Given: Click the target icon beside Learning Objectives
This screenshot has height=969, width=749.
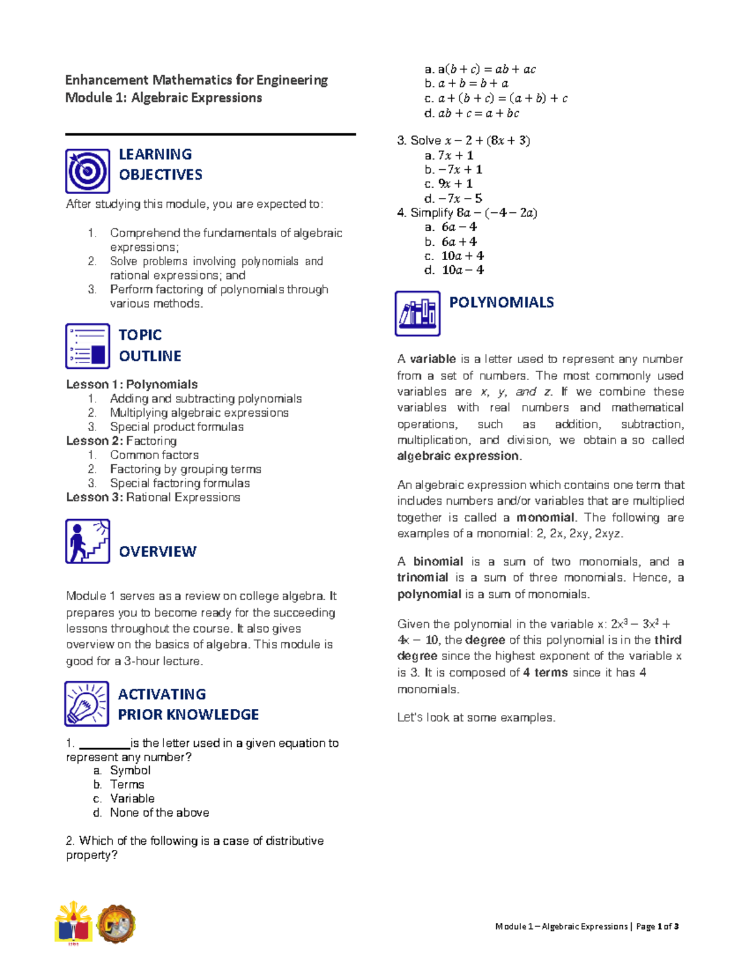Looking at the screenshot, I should click(x=87, y=171).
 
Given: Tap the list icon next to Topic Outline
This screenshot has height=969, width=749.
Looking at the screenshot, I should click(x=87, y=346).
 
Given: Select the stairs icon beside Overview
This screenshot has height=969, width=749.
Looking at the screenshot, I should click(x=87, y=541).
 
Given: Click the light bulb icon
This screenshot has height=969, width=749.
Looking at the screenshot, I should click(x=87, y=704).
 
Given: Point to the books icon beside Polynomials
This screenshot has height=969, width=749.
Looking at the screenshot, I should click(x=418, y=313).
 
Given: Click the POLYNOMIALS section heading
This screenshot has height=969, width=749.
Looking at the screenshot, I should click(x=501, y=303).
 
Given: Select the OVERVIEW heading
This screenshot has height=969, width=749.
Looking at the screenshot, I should click(x=157, y=552).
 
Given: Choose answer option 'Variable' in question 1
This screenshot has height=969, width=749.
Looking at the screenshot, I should click(x=132, y=799).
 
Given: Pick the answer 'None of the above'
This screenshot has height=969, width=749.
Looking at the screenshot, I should click(x=159, y=813).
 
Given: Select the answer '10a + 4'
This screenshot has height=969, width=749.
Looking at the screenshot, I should click(x=462, y=256).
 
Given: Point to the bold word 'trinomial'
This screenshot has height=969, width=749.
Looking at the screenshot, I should click(x=423, y=578).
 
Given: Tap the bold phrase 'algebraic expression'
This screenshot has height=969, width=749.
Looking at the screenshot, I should click(x=458, y=456).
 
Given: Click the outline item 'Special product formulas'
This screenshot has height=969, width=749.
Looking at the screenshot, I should click(x=177, y=427).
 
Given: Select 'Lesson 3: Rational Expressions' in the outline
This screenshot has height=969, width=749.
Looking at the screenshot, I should click(x=153, y=497).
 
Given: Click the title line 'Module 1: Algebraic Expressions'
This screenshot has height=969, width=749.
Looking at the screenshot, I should click(x=164, y=98).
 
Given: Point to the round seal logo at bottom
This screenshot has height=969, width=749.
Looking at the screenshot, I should click(x=115, y=923).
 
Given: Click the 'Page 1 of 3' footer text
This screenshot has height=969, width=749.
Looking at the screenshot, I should click(x=657, y=927).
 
